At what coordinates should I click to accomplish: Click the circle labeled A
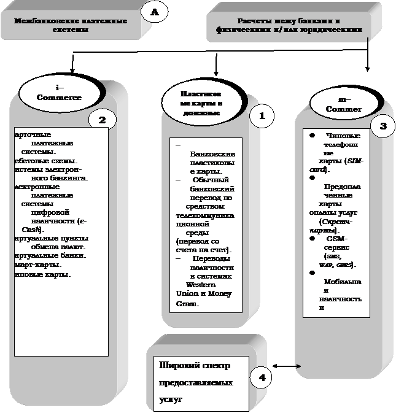(154, 12)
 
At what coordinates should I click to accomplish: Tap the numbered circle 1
(262, 115)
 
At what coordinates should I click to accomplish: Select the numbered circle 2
(103, 120)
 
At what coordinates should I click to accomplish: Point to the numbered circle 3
(383, 126)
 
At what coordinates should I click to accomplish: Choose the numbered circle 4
(262, 377)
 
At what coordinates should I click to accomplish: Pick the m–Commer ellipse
(343, 105)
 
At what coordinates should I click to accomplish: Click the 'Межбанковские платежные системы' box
(71, 25)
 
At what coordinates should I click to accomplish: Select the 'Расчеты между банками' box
(289, 25)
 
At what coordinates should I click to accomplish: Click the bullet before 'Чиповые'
(313, 135)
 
